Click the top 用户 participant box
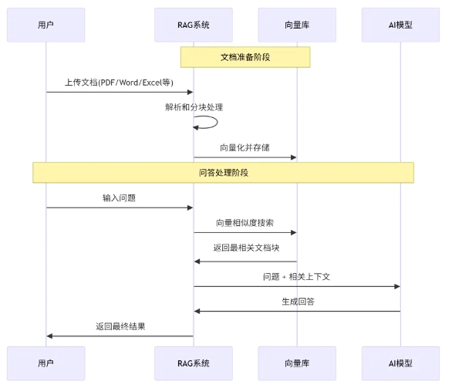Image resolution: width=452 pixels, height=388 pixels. [x=46, y=25]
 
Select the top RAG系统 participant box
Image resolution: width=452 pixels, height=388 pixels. [x=193, y=25]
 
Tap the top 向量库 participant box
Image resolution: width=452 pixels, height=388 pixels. [x=297, y=25]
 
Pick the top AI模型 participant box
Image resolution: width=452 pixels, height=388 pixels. [x=400, y=25]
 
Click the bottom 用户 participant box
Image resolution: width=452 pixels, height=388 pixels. [x=46, y=363]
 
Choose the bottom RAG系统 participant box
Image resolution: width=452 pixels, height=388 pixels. [x=193, y=363]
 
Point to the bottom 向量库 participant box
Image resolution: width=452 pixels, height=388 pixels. [x=297, y=363]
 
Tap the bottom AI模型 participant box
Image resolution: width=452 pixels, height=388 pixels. [x=400, y=363]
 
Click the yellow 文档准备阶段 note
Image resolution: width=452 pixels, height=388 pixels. [x=245, y=57]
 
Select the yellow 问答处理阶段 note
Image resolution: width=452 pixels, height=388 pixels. [x=223, y=172]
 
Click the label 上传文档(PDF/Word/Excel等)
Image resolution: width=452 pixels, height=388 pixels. [x=119, y=83]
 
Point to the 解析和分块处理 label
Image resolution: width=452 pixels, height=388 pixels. [x=194, y=107]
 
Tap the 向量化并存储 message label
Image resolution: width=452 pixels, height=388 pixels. [x=245, y=147]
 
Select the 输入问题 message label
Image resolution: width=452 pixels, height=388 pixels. [x=119, y=197]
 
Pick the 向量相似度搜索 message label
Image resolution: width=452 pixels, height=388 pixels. [x=245, y=222]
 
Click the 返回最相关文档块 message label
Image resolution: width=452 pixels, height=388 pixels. [x=245, y=248]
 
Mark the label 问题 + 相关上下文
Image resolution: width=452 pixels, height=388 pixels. [x=296, y=275]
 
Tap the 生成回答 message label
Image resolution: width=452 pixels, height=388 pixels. [x=296, y=301]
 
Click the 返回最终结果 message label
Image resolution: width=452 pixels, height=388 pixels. [x=120, y=326]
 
